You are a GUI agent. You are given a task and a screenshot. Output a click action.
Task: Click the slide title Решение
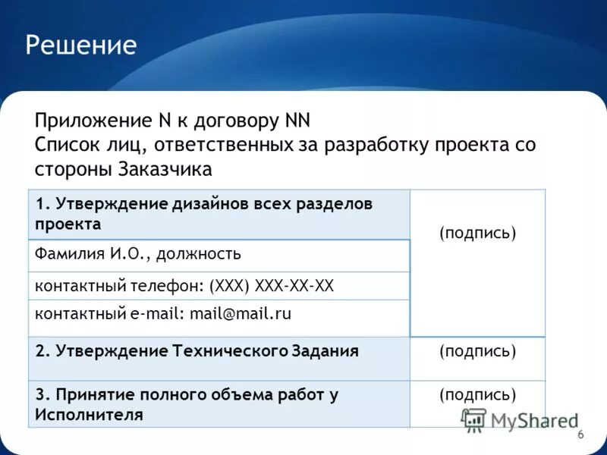(x=81, y=45)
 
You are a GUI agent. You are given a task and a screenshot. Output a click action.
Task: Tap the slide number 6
(x=580, y=435)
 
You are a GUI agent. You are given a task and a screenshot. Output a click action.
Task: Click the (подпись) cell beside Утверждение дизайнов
(x=477, y=233)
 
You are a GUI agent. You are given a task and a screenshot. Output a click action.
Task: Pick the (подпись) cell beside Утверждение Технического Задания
(x=477, y=351)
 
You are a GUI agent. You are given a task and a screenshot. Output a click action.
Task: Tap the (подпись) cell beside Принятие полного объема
(x=477, y=394)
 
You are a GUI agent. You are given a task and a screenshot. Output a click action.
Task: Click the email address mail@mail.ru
(x=241, y=313)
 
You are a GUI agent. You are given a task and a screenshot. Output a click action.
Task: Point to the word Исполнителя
(x=89, y=414)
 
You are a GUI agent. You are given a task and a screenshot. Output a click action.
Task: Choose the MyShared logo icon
(x=474, y=419)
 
